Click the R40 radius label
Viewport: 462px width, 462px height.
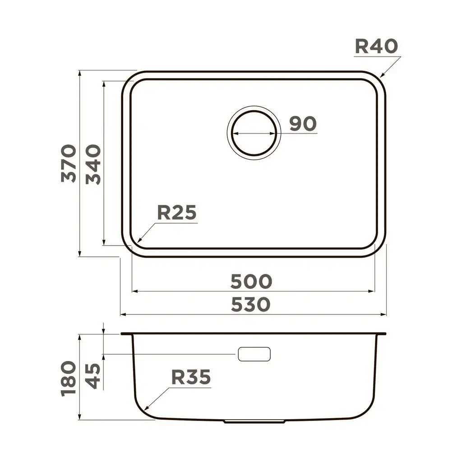pyautogui.click(x=376, y=46)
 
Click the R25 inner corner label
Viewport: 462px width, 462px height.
pyautogui.click(x=177, y=213)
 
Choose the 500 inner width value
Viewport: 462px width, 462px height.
pyautogui.click(x=251, y=282)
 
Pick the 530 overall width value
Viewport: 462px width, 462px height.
pyautogui.click(x=251, y=305)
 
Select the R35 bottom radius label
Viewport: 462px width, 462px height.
pyautogui.click(x=191, y=377)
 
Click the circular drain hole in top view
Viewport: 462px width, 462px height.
pyautogui.click(x=253, y=134)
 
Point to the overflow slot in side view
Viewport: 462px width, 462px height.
pyautogui.click(x=254, y=354)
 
